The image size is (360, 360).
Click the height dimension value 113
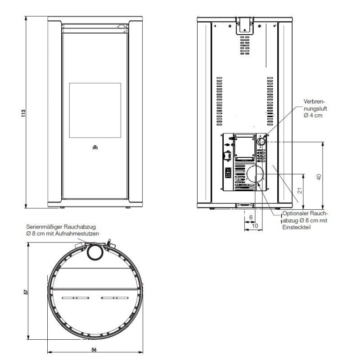[x=23, y=113]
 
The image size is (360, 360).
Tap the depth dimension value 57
[x=26, y=292]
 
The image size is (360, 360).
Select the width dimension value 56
[x=94, y=350]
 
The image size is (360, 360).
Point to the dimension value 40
[x=319, y=177]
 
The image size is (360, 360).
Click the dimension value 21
[x=300, y=190]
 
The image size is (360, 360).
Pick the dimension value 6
[x=251, y=217]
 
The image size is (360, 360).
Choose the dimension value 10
[x=255, y=226]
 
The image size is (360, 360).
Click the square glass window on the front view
[x=95, y=110]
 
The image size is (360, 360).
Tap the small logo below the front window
[x=95, y=147]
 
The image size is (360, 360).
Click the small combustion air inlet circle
[x=261, y=141]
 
